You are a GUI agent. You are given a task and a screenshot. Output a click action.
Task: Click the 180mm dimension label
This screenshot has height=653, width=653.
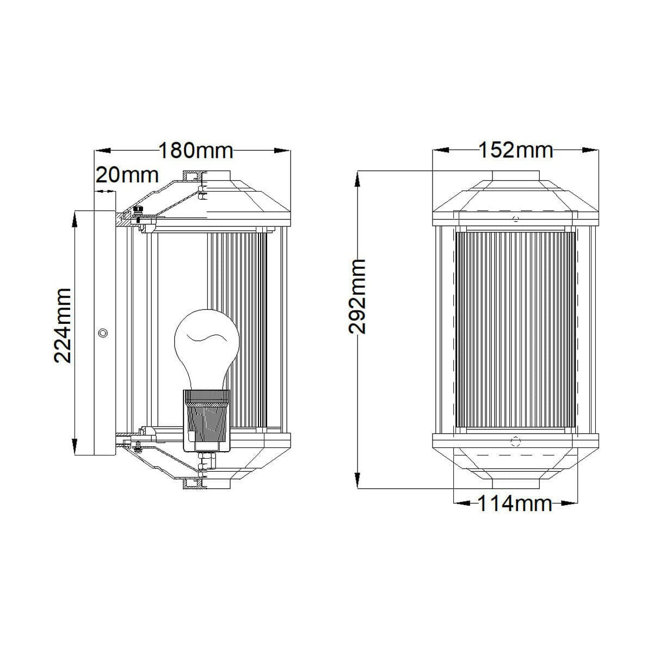[x=196, y=151]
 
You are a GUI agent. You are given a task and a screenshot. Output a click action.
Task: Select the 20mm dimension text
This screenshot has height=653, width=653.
[x=127, y=175]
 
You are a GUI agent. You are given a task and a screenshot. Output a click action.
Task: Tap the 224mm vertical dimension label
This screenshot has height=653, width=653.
[x=63, y=325]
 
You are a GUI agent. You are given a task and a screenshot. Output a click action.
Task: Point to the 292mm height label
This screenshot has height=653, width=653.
[x=357, y=297]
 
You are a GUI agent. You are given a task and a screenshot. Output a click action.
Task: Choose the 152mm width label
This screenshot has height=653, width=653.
[x=515, y=150]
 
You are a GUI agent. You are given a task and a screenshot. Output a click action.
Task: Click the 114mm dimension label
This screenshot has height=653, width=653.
[x=515, y=503]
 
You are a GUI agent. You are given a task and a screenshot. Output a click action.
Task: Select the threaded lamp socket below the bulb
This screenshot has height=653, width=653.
[x=207, y=420]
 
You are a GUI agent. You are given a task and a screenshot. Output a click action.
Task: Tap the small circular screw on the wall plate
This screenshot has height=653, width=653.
[x=103, y=333]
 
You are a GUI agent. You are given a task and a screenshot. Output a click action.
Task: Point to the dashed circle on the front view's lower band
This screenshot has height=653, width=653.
[x=515, y=441]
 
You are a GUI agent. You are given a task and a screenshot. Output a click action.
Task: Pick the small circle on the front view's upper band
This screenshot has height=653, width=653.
[x=516, y=218]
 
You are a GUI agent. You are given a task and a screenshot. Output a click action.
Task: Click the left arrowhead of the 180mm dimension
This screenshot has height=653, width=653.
[x=102, y=151]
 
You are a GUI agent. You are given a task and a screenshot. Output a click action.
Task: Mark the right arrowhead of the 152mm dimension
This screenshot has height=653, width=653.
[x=590, y=150]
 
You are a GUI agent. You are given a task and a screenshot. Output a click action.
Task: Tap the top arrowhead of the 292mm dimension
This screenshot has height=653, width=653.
[x=357, y=179]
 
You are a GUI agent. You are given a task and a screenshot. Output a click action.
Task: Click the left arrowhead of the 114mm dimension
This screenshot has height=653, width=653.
[x=461, y=503]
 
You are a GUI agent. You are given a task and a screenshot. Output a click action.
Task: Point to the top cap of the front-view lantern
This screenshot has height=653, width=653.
[x=515, y=176]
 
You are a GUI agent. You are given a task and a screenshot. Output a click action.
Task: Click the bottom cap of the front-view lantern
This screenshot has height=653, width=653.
[x=515, y=484]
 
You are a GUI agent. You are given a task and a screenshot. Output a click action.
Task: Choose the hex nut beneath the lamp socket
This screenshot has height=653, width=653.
[x=207, y=460]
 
